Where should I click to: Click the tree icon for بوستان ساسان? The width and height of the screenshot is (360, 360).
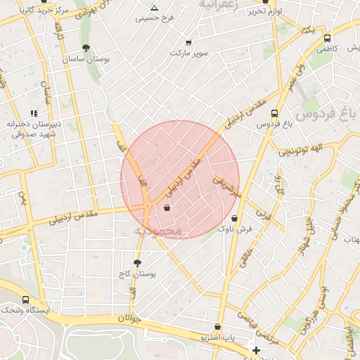click(x=86, y=48)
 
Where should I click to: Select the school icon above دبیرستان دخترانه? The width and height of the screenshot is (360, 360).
click(x=33, y=112)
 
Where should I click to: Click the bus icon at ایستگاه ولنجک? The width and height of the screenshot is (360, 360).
click(x=26, y=300)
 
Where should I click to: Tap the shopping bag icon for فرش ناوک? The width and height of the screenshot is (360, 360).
click(x=233, y=218)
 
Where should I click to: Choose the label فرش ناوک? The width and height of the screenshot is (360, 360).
click(x=234, y=229)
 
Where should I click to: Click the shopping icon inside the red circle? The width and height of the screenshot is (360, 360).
click(x=167, y=207)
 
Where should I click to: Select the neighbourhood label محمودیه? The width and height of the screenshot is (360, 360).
click(x=159, y=231)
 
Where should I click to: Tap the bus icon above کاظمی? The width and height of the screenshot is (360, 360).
click(x=327, y=38)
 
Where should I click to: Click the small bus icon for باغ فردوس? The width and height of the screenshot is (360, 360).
click(x=274, y=112)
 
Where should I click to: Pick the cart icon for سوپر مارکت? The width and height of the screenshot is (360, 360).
click(x=188, y=43)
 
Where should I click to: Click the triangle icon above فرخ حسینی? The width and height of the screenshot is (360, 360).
click(x=153, y=8)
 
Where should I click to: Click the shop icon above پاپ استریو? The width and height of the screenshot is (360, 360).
click(x=218, y=327)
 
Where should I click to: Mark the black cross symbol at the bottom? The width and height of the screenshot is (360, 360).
click(x=256, y=349)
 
